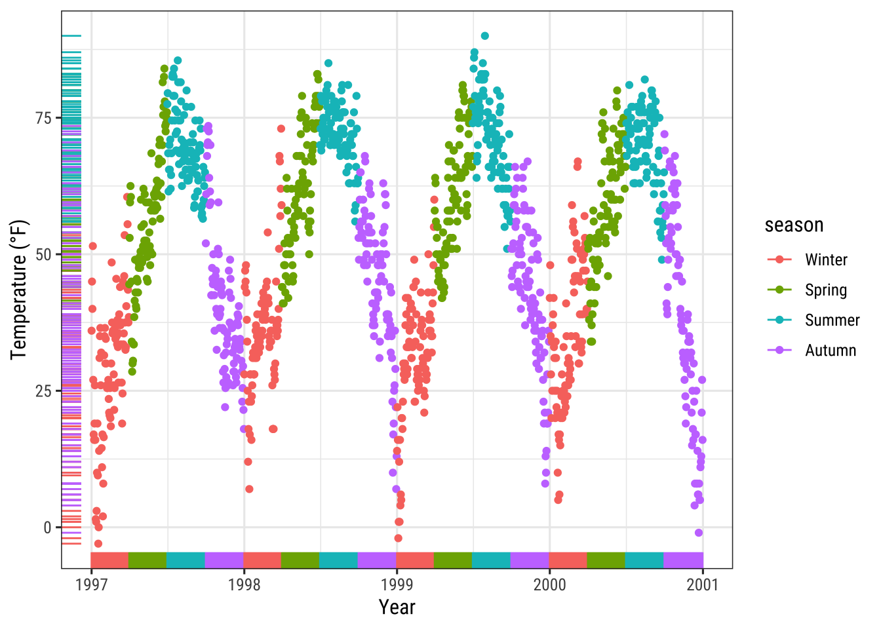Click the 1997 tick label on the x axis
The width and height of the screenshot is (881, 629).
point(91,584)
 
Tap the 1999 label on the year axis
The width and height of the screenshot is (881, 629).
point(397,584)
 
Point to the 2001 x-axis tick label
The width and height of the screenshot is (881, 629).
point(703,584)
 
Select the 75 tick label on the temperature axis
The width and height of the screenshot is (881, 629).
point(43,118)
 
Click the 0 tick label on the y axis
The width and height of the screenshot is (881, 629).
point(48,527)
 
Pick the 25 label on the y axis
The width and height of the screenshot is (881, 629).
point(43,391)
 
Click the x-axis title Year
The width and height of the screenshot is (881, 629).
point(397,607)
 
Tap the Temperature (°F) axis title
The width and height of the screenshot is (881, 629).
point(19,290)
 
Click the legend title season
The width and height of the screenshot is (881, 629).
point(794,225)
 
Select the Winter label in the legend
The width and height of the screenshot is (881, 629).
point(826,260)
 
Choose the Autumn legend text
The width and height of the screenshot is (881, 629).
point(831,351)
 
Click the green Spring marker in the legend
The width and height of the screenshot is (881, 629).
point(779,290)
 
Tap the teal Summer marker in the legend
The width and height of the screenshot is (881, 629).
point(779,320)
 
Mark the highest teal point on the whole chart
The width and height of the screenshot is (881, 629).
point(484,36)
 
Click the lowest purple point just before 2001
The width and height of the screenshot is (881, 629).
point(699,533)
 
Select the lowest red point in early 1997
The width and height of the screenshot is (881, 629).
point(98,543)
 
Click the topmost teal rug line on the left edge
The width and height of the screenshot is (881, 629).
point(71,36)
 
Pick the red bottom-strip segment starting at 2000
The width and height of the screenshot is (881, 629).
point(568,560)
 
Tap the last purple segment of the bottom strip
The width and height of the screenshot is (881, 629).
point(683,560)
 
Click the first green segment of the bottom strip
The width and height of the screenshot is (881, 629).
point(147,560)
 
